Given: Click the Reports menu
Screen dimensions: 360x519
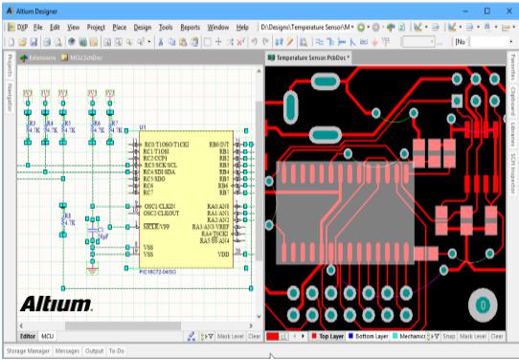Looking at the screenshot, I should [190, 29].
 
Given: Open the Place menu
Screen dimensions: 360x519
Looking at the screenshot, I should [119, 29].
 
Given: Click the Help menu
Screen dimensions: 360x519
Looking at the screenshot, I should [242, 29].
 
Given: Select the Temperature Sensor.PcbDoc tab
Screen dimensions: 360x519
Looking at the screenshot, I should [310, 58].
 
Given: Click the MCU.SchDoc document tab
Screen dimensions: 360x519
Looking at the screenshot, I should [87, 58].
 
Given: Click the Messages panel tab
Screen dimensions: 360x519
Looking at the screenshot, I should [67, 351].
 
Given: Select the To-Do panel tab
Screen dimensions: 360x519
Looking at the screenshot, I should [117, 351].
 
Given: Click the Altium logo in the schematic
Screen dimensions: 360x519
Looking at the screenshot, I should [56, 304].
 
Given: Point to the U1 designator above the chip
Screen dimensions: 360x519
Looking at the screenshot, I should [143, 127].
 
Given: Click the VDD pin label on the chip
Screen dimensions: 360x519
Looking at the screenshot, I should [223, 255].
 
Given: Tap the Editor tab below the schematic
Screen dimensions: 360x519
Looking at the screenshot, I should [28, 337].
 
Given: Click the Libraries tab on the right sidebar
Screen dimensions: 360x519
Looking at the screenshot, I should [512, 134].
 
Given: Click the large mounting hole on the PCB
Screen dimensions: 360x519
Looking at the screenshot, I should [483, 305].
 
